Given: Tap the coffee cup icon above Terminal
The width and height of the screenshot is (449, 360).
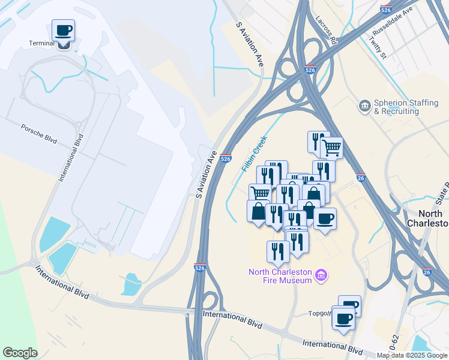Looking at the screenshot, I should coord(63,29).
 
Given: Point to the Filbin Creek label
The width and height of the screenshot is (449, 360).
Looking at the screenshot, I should coord(254,154).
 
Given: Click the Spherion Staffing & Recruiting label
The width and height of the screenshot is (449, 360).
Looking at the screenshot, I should coord(406,107).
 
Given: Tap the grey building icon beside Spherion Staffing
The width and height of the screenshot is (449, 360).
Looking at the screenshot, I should coord(364,107).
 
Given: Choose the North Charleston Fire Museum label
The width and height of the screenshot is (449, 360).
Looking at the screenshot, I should coord(281,276).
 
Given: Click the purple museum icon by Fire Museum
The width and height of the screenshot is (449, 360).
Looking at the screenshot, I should coord(322,275).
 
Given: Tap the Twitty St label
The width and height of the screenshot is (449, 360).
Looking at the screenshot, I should coord(377,47).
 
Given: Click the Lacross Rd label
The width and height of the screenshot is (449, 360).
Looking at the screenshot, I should coord(325,31).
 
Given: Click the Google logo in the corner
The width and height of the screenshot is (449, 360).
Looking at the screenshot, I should coord(20,353).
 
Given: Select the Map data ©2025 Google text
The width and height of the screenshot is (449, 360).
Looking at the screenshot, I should coord(412,355).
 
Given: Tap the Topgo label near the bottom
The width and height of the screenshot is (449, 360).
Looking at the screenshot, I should coord(319,313).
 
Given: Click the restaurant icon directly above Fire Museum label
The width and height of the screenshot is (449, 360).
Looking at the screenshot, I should coord(278,250).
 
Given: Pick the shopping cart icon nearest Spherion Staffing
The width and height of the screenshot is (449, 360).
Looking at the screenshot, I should coord(332,146).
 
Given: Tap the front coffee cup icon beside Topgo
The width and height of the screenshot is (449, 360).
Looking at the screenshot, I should coord(343,318).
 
